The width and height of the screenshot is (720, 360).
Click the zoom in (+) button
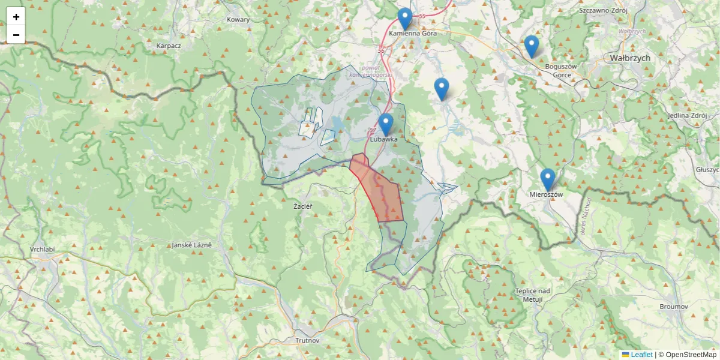click(16, 17)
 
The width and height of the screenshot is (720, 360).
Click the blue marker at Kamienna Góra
click(405, 19)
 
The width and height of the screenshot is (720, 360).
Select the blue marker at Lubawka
click(386, 124)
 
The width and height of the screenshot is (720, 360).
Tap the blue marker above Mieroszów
click(547, 179)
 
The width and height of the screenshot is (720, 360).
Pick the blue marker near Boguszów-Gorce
click(531, 46)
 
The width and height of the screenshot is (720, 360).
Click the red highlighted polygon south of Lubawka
click(384, 192)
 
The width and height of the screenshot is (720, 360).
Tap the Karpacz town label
click(169, 46)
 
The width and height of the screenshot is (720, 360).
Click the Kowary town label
click(238, 19)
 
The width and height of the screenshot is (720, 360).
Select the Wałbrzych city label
click(629, 58)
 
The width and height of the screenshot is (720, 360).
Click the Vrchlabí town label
click(42, 249)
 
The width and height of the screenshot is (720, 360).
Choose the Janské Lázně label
click(191, 245)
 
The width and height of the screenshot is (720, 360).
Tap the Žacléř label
click(303, 206)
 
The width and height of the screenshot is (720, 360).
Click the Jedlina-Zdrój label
click(687, 115)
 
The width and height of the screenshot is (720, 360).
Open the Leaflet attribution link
click(641, 355)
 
